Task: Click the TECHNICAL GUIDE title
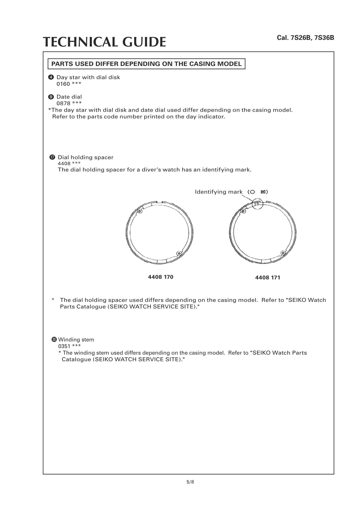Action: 104,42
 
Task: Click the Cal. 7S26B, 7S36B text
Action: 305,38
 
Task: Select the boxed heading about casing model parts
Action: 146,64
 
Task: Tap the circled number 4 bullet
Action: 51,77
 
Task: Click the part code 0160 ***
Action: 69,84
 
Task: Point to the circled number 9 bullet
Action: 51,97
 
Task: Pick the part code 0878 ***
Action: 69,103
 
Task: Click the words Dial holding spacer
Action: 85,157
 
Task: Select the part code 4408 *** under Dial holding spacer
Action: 69,164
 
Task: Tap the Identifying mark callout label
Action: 218,192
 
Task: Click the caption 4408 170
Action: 160,277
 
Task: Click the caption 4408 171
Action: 268,278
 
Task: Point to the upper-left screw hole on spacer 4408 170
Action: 139,211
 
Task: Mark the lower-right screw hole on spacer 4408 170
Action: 179,253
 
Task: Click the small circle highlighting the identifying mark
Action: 257,204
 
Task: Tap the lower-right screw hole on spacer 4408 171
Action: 283,253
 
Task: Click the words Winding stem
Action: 76,340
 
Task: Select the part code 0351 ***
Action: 69,346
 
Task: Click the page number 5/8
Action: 190,482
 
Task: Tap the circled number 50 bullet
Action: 54,339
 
